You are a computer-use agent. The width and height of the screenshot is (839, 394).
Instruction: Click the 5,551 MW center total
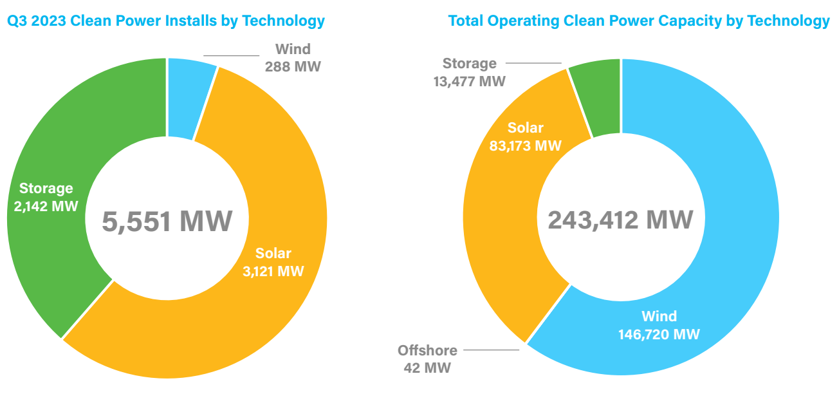point(167,221)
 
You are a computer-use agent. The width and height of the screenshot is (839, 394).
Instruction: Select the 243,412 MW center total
point(621,220)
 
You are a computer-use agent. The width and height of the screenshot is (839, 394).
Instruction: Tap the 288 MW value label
point(293,66)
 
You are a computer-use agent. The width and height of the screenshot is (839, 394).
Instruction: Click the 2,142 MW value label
point(46,206)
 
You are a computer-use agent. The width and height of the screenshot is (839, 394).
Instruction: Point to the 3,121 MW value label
point(273,271)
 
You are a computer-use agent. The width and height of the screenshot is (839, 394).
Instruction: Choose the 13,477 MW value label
point(469,81)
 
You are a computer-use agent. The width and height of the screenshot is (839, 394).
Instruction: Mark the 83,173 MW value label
point(525,145)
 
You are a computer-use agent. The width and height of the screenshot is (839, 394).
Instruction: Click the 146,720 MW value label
point(659,335)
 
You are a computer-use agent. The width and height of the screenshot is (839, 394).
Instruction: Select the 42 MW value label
point(427,368)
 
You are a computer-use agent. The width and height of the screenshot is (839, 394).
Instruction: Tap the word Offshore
point(427,351)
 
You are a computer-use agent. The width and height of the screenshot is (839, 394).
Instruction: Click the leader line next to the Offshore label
point(491,350)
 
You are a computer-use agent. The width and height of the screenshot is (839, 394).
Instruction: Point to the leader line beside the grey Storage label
point(533,63)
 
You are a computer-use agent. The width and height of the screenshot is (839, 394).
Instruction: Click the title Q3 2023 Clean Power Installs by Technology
point(165,21)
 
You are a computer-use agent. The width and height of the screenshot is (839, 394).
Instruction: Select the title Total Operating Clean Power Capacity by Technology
point(639,21)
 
